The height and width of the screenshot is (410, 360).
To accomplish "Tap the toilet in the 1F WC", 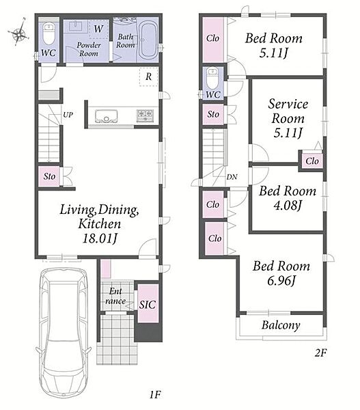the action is (49, 33).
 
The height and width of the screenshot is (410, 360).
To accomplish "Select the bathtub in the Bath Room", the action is (148, 40).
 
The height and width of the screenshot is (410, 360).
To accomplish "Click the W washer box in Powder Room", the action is (98, 29).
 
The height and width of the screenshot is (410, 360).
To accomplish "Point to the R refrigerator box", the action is (148, 77).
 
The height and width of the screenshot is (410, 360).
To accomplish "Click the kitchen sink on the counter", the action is (106, 116).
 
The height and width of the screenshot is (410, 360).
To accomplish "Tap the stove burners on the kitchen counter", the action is (145, 116).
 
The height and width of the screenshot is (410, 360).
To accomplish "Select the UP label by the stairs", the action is (68, 115).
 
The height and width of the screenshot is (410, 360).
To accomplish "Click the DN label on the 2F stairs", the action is (232, 177).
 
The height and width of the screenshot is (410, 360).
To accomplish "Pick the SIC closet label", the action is (148, 305).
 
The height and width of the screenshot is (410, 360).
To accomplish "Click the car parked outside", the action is (64, 333).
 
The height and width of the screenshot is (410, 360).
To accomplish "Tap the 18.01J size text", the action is (100, 238).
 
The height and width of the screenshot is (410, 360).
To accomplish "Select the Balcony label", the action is (281, 325).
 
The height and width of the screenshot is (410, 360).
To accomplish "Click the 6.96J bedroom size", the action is (281, 281).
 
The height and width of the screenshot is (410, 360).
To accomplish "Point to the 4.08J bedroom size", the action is (288, 205).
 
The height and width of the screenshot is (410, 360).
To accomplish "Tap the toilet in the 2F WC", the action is (212, 79).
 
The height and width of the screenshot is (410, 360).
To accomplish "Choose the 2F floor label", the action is (320, 353).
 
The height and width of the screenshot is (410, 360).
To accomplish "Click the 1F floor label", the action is (155, 394).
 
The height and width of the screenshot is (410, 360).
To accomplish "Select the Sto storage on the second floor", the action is (213, 114).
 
